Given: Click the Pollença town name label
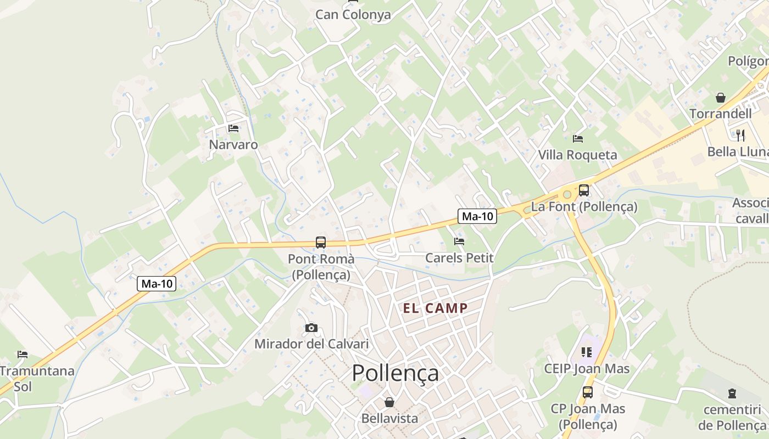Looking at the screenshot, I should tap(395, 373).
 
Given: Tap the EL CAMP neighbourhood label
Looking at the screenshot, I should tap(435, 308).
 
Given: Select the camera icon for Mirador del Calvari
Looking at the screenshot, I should tap(311, 328).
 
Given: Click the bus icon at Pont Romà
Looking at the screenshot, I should tap(321, 242).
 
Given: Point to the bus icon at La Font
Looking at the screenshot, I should tap(584, 190).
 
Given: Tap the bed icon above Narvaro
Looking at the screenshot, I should tap(233, 128).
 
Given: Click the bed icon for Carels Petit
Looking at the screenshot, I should tap(459, 241).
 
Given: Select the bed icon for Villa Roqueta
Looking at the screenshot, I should tap(577, 138).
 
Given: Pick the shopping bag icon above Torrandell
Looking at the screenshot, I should tap(720, 98).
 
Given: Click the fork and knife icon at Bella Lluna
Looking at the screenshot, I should tap(740, 135).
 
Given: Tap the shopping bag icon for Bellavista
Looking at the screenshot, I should tap(389, 402).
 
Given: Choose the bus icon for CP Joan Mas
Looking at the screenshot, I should tap(588, 392).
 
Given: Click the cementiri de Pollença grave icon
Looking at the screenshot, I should tap(732, 393).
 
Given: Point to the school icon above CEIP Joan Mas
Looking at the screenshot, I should tap(586, 352).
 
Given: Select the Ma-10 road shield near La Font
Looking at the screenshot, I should tap(477, 216).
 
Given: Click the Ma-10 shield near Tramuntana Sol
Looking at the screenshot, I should tap(157, 284).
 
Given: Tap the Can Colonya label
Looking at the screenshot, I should tap(353, 15).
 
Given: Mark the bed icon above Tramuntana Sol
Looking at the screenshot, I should tap(23, 354).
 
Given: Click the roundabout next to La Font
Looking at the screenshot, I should tap(566, 194).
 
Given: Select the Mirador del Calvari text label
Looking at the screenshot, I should tap(311, 344).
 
